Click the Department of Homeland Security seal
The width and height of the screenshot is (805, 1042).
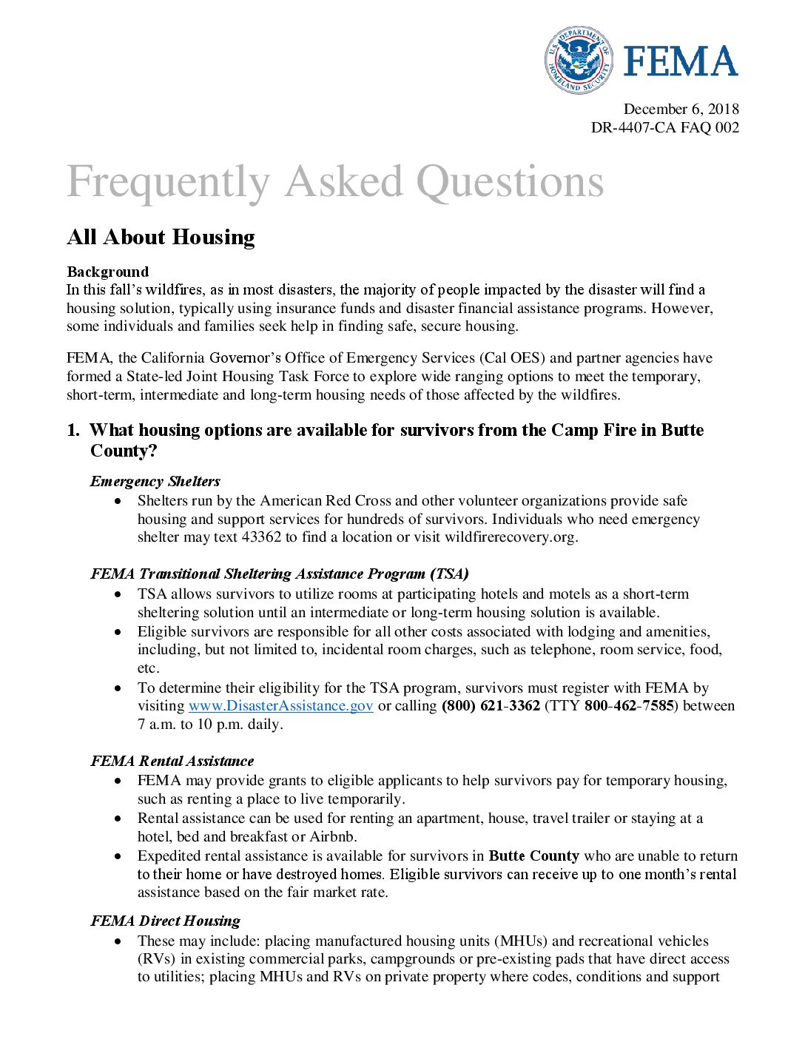click(x=579, y=60)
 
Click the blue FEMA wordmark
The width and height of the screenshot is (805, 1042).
click(x=680, y=61)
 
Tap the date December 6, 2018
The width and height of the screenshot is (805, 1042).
click(x=681, y=110)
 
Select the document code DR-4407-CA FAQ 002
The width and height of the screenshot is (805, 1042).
click(x=664, y=127)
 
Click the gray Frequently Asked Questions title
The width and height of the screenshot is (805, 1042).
click(x=335, y=182)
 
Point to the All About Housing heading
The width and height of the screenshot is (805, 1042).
click(x=161, y=237)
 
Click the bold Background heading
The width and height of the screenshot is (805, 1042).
click(x=107, y=272)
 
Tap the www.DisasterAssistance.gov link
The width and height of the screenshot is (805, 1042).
click(x=280, y=706)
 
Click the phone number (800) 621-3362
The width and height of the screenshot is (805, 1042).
click(x=491, y=706)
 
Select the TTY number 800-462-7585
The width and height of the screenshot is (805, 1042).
click(x=629, y=706)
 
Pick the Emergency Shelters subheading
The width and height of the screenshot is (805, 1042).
click(x=155, y=481)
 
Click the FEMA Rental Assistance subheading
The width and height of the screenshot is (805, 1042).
click(x=172, y=761)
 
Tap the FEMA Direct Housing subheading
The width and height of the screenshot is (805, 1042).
click(x=165, y=921)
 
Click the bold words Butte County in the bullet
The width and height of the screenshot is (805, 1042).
click(x=533, y=856)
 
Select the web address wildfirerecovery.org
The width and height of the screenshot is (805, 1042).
click(x=511, y=537)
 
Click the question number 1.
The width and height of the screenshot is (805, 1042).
click(x=73, y=430)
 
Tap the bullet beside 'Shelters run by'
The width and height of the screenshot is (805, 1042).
click(x=118, y=502)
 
